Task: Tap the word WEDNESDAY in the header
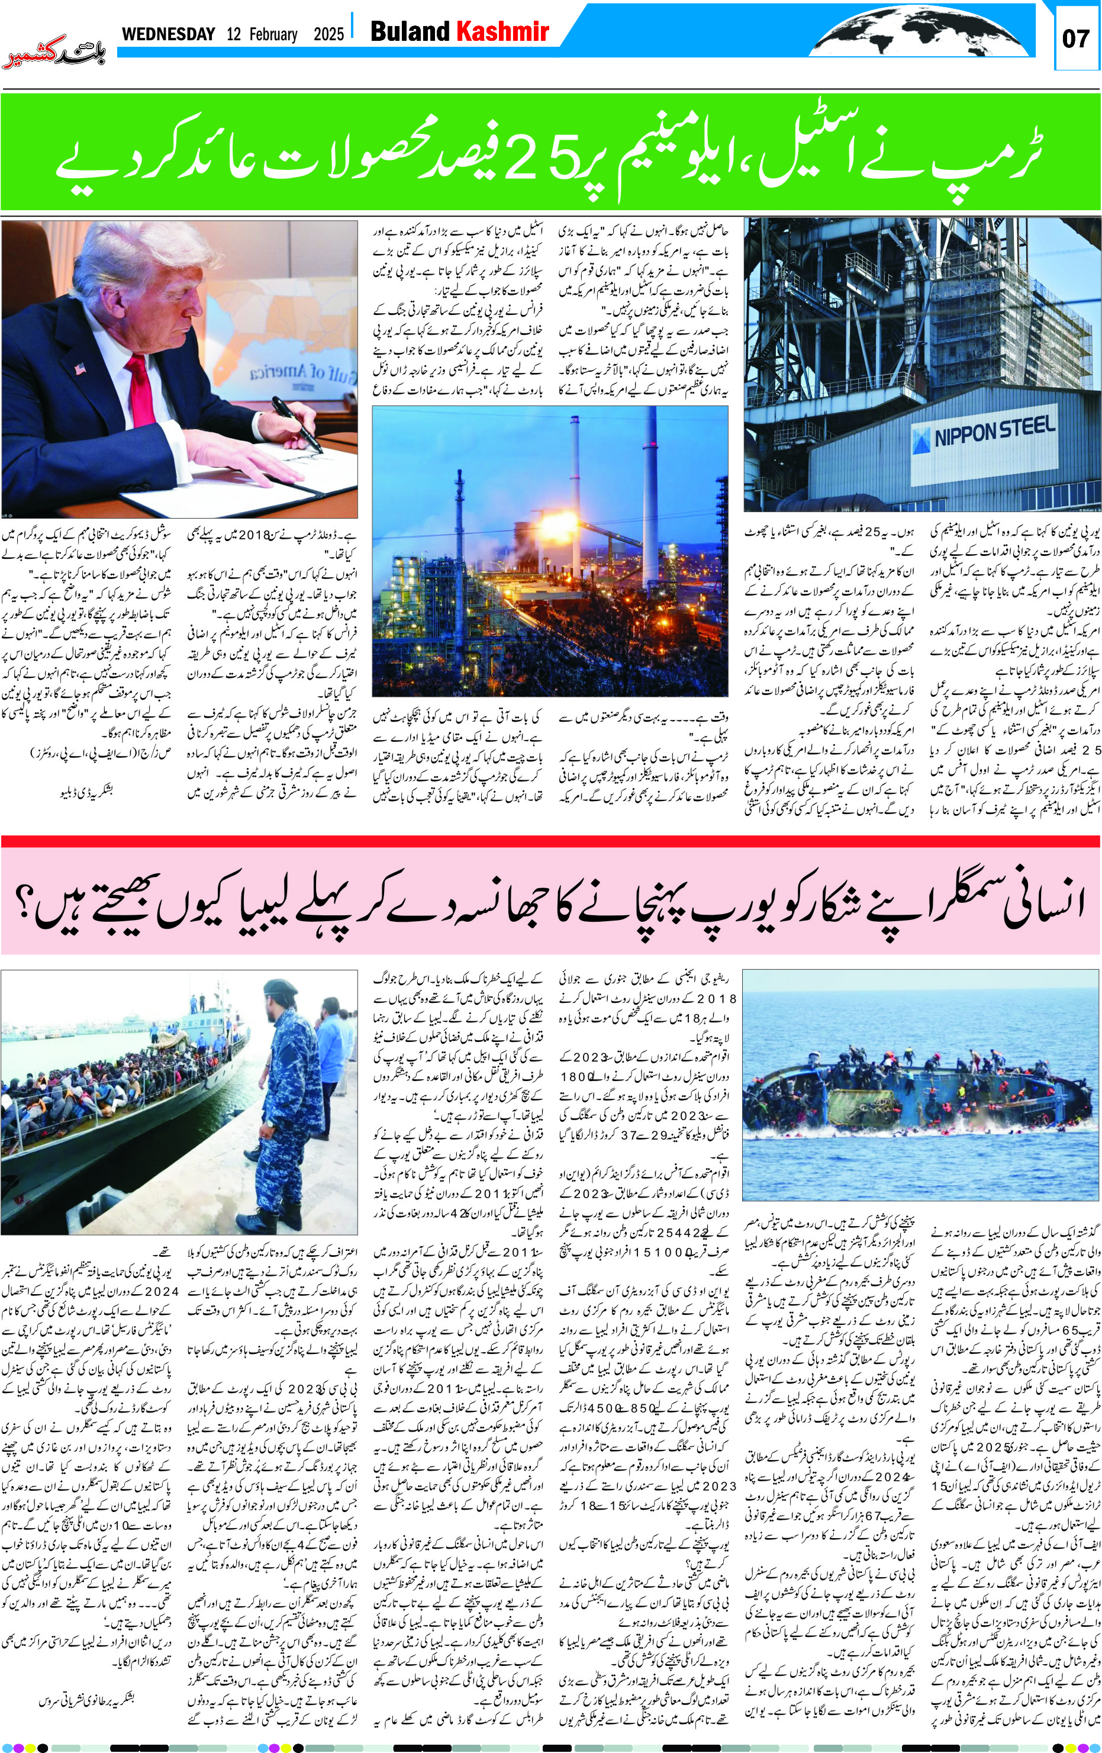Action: point(168,34)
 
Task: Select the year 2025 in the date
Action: point(328,34)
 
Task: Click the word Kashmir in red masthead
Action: point(502,32)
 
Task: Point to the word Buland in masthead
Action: point(410,32)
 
